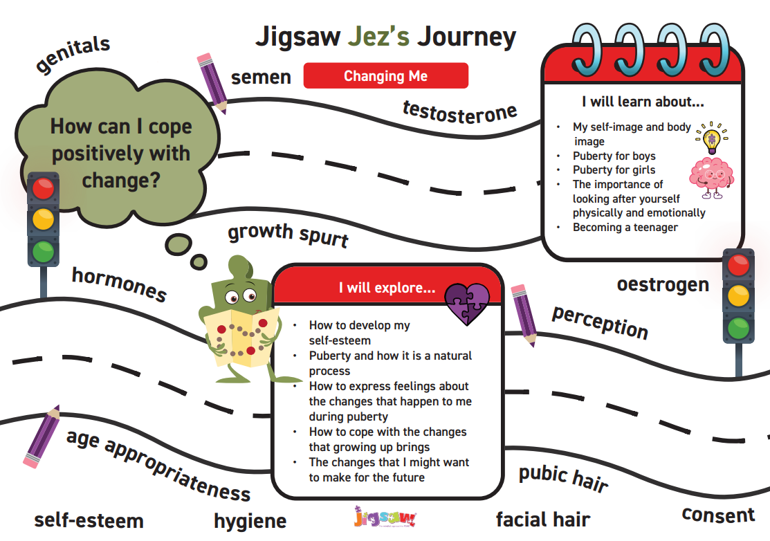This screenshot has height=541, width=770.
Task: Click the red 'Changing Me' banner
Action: [385, 75]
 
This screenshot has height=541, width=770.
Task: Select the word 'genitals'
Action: [73, 53]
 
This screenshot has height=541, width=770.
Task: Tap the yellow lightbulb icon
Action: [711, 138]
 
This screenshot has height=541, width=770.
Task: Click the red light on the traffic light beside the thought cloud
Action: [43, 189]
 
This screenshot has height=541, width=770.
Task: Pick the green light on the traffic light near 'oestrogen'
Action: [738, 327]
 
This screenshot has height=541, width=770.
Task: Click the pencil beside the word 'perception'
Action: [524, 315]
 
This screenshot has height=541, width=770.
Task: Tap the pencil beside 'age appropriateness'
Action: [42, 437]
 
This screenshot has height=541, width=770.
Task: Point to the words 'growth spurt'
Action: [288, 235]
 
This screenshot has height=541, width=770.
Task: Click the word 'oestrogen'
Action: [663, 285]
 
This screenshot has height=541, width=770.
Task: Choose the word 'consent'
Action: [718, 515]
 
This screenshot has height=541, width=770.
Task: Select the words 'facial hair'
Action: [543, 520]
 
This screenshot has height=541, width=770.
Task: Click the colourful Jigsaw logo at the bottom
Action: [385, 517]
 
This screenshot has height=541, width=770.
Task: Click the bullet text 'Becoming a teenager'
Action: [625, 228]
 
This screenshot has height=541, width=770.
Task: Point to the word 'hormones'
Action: [119, 284]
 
